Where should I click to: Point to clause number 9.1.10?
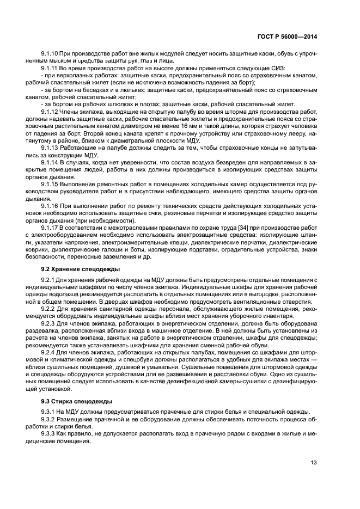[x=50, y=54]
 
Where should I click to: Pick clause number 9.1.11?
[x=50, y=69]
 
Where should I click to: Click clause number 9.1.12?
[x=50, y=111]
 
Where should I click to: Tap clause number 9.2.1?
[x=48, y=280]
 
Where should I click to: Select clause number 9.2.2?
[x=48, y=309]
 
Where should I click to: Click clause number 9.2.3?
[x=48, y=323]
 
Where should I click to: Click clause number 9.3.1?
[x=48, y=411]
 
